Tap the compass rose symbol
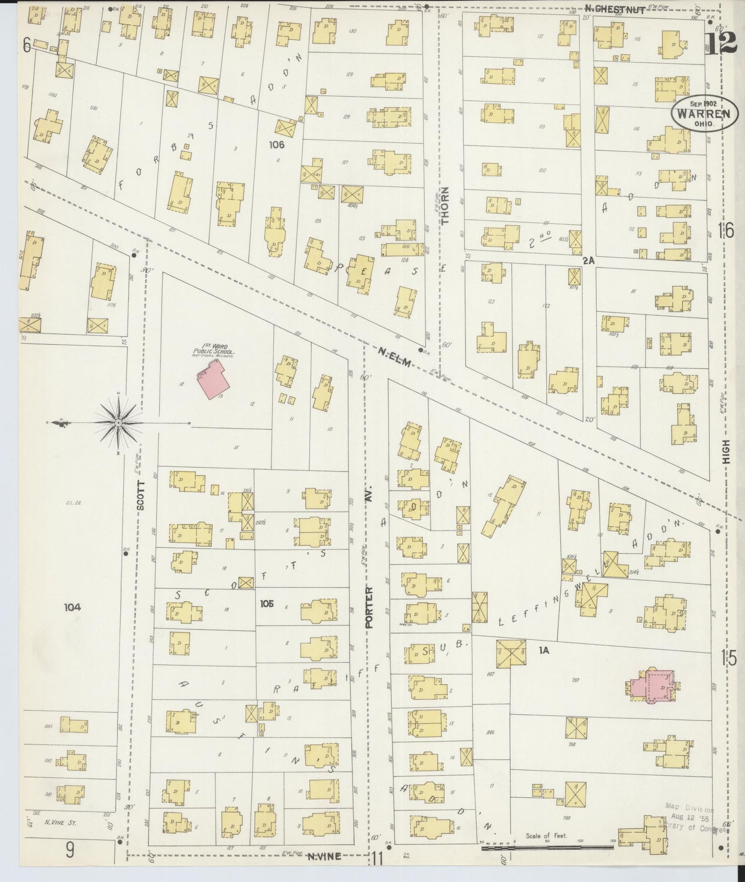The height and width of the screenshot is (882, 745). pyautogui.click(x=119, y=423)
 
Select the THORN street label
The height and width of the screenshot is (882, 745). pyautogui.click(x=445, y=205)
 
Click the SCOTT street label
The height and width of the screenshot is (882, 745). pyautogui.click(x=141, y=495)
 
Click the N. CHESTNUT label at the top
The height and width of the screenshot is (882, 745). pyautogui.click(x=615, y=9)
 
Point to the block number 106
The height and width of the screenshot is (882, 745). pyautogui.click(x=276, y=145)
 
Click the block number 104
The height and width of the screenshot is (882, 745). pyautogui.click(x=72, y=607)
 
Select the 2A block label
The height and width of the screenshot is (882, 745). pyautogui.click(x=588, y=261)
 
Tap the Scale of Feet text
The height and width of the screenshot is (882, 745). pyautogui.click(x=547, y=835)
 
